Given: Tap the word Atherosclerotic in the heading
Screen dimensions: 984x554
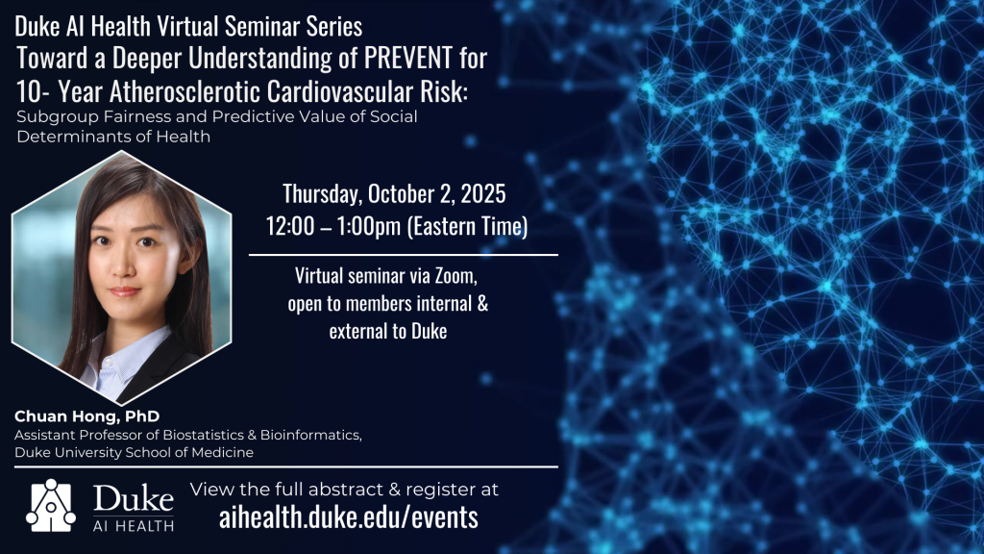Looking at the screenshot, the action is pos(185,91).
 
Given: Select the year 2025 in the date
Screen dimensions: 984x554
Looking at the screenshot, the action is pos(483,193).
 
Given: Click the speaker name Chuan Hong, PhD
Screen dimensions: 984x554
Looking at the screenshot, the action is pos(87,416).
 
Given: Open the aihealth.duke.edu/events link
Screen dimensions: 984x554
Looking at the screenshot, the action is pos(348,516).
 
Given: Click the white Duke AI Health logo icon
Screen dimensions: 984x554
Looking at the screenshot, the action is pos(51,506).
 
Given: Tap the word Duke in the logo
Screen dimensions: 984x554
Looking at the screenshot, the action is pos(133,499).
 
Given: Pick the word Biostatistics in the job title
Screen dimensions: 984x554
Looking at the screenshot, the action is pos(204,435).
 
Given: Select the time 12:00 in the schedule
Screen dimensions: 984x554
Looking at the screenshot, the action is pos(290,226).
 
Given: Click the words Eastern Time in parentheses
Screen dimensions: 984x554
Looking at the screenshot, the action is pos(468,226).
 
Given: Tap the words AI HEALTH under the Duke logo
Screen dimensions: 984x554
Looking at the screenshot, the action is pos(133,526).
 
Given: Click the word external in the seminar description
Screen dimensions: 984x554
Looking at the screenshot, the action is pos(355,331).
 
